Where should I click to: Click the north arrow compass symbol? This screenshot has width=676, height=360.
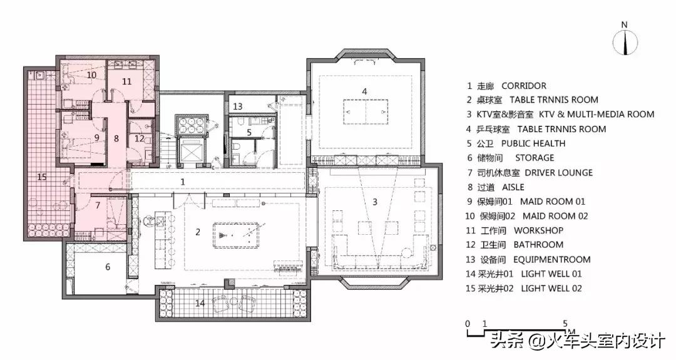click(625, 42)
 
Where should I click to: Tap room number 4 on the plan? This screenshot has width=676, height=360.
click(364, 91)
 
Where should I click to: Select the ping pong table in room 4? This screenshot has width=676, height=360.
click(366, 112)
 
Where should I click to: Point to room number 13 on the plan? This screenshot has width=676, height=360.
click(238, 106)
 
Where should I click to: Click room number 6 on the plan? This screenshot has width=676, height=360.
click(108, 267)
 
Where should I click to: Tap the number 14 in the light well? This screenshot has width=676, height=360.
click(200, 303)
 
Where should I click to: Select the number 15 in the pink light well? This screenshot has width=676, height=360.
click(42, 177)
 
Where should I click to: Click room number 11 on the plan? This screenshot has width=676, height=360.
click(126, 81)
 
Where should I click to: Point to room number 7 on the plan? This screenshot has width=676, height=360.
click(98, 205)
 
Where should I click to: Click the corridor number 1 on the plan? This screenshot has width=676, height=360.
click(182, 182)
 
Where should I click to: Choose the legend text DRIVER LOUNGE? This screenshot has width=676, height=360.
click(559, 173)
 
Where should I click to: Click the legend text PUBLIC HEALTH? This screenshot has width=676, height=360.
click(533, 143)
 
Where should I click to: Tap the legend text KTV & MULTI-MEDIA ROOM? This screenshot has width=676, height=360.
click(597, 114)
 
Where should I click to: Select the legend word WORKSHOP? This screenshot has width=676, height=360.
click(538, 230)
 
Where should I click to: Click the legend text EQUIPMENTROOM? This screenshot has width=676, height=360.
click(552, 260)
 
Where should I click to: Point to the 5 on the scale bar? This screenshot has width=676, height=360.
click(565, 323)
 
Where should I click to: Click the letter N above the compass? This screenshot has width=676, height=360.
click(624, 25)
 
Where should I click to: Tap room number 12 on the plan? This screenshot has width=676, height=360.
click(139, 138)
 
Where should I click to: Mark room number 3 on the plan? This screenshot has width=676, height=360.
click(375, 202)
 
